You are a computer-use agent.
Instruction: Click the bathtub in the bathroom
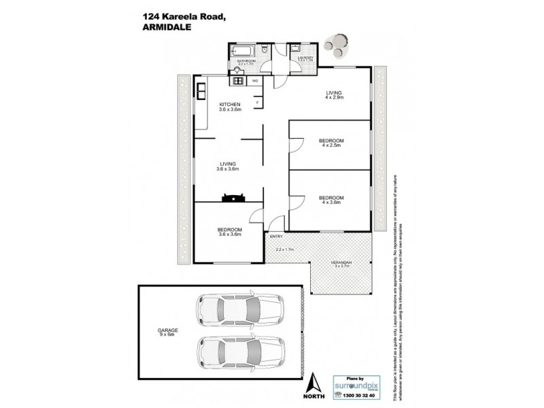tap(241, 51)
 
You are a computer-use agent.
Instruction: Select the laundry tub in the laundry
tap(294, 50)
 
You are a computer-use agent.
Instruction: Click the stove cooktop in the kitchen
tap(239, 81)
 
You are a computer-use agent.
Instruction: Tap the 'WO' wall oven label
tap(255, 81)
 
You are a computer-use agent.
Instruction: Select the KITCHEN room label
tap(229, 104)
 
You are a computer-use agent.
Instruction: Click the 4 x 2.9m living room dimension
tap(333, 98)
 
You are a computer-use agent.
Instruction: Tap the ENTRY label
tap(276, 237)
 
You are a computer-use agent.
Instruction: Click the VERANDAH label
tap(341, 262)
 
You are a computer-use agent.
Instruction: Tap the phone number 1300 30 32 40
tap(355, 396)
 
